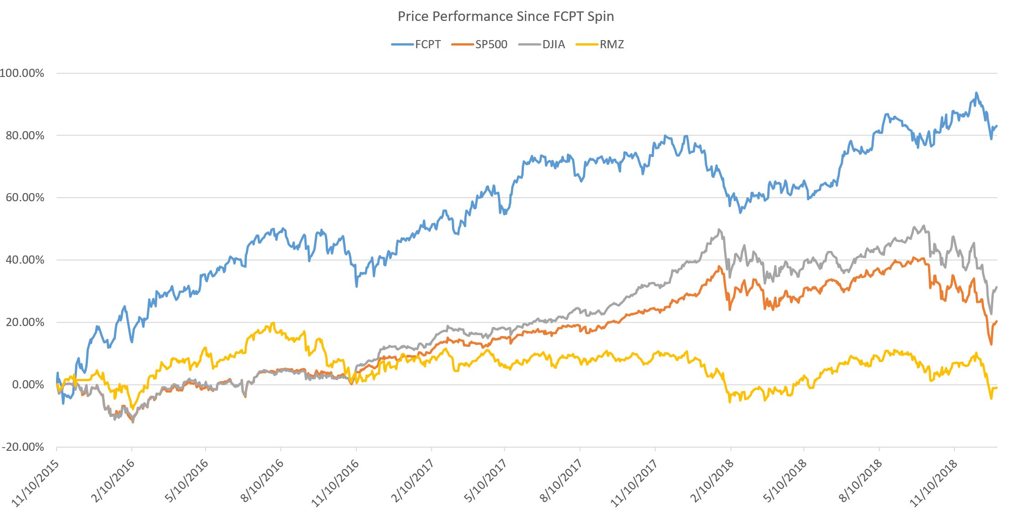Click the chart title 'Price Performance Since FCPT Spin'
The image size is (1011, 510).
[506, 16]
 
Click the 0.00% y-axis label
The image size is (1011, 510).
[28, 385]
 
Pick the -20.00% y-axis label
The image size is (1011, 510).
[23, 447]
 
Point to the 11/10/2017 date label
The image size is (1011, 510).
[634, 483]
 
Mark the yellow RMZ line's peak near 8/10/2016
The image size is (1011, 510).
[273, 323]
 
